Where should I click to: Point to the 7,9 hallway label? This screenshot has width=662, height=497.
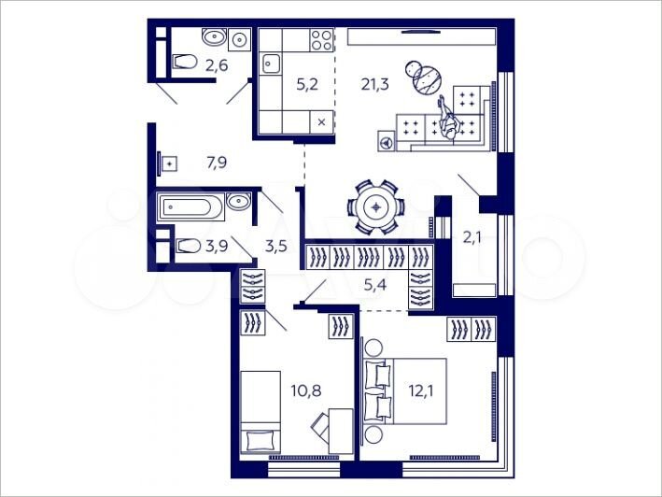216,163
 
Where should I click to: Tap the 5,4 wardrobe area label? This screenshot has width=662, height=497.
373,284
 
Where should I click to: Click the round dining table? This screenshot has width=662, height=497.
375,206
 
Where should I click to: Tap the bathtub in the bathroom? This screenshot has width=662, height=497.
190,206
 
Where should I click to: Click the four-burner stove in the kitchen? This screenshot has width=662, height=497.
321,40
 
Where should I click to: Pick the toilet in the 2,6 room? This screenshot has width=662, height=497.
184,63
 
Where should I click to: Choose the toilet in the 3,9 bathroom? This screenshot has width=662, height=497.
186,247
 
